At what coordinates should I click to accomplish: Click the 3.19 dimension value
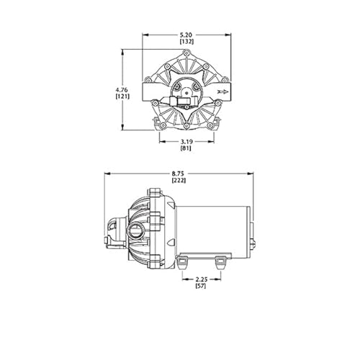(185, 141)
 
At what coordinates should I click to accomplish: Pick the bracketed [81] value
(185, 148)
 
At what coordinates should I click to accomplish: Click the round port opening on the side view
(135, 231)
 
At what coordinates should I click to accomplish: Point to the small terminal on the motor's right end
(253, 243)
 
